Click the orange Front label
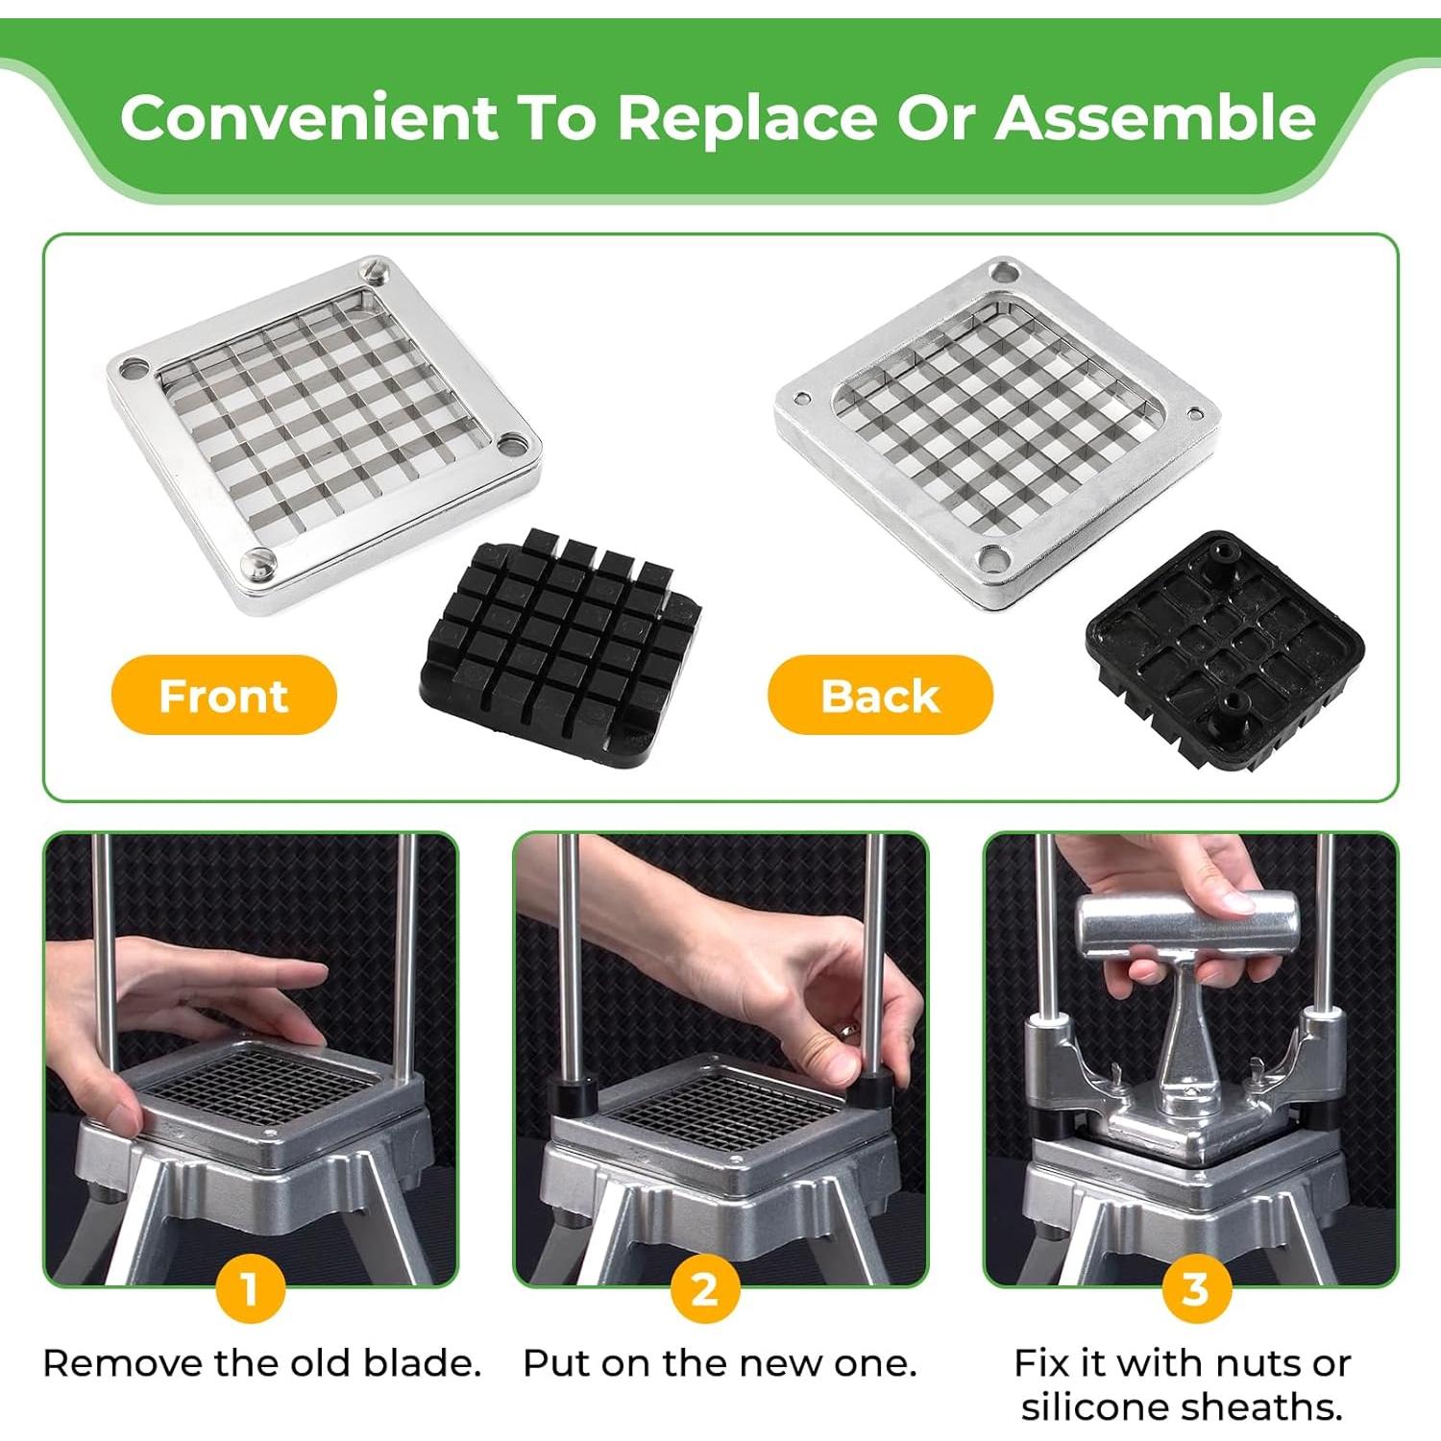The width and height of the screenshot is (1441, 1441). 224,695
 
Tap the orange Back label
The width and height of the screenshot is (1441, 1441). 880,695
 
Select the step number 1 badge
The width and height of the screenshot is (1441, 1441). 250,1289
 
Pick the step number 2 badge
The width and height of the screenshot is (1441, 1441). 705,1289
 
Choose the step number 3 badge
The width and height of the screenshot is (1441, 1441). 1195,1289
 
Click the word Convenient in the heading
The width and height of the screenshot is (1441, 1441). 308,117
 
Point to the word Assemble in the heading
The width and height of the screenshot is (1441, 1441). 1155,117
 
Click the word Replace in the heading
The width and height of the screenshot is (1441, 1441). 746,117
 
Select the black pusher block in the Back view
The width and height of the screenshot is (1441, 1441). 1226,648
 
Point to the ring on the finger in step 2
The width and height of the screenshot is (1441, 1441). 848,1031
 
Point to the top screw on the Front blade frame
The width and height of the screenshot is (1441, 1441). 375,270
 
